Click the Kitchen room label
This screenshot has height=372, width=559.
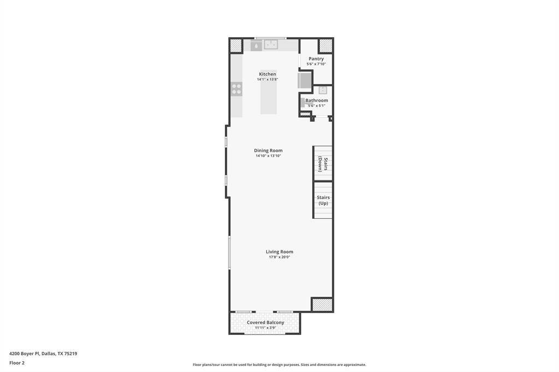pos(267,74)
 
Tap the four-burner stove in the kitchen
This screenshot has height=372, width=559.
pos(236,89)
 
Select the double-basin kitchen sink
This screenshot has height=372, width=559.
pos(271,45)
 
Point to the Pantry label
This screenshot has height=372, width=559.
pos(316,59)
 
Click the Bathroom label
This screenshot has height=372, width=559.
pos(317,100)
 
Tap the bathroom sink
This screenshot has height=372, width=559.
pos(323,90)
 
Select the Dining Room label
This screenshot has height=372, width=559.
pos(268,151)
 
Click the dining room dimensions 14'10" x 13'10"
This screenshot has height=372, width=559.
pos(268,155)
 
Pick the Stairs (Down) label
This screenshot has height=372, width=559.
pos(323,164)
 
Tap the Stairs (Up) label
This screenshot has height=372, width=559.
pos(323,200)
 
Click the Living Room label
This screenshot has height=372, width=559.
pos(279,251)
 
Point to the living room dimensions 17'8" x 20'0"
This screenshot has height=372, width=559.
pos(279,257)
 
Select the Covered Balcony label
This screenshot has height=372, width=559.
pos(266,322)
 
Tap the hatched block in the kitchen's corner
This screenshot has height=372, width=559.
pos(236,46)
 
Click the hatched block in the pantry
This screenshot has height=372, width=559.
pos(325,46)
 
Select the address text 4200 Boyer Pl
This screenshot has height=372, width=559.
pos(24,354)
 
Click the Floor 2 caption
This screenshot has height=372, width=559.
pos(17,363)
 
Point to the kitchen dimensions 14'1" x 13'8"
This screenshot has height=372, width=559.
pos(267,80)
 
